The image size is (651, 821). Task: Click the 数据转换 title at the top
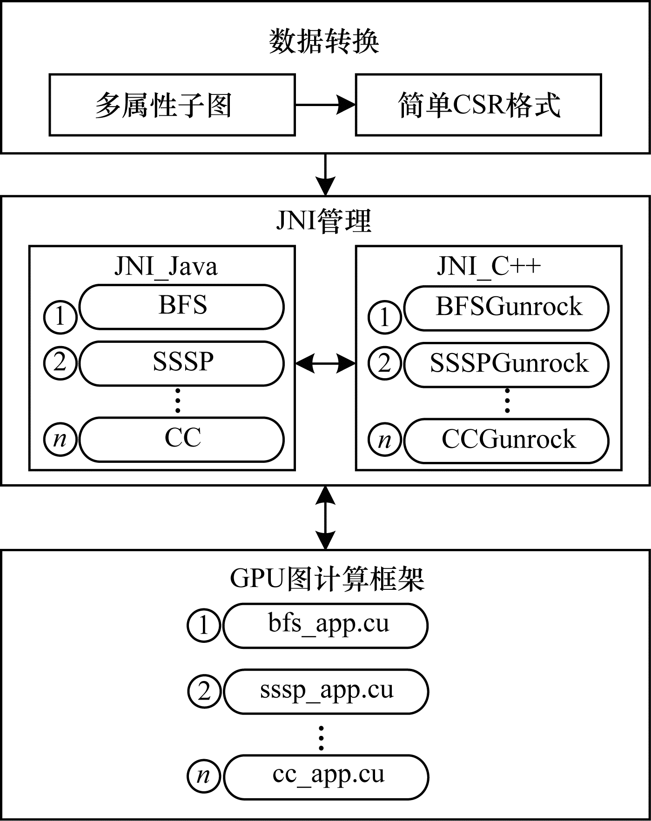[324, 42]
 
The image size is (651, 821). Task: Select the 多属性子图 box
[172, 105]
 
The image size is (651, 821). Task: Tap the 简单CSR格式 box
[478, 105]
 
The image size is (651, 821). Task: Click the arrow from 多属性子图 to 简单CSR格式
[325, 105]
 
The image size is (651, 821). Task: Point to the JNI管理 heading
[324, 220]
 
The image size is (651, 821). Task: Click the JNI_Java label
[166, 267]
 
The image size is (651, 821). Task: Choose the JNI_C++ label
[489, 267]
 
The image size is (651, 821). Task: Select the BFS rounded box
[181, 307]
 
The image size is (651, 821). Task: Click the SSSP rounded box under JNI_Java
[181, 363]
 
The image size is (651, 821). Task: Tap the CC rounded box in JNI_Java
[181, 439]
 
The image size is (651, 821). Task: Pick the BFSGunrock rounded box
[506, 308]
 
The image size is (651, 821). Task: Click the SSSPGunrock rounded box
[506, 364]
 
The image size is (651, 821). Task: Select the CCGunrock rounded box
[506, 441]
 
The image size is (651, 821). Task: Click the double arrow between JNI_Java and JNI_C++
[325, 363]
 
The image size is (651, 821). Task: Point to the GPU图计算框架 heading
[327, 580]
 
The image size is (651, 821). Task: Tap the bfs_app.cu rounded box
[326, 626]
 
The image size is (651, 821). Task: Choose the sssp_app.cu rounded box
[326, 691]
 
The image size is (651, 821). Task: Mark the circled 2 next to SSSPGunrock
[384, 363]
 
